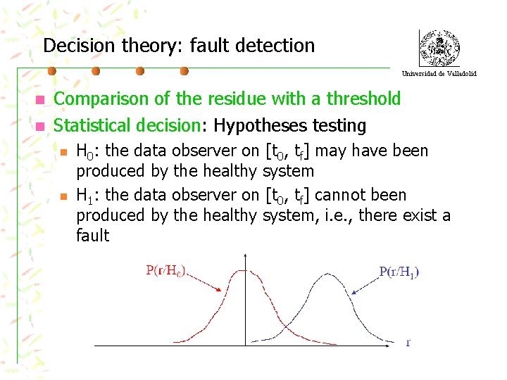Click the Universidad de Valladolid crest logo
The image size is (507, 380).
[439, 48]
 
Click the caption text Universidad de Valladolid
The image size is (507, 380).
[439, 73]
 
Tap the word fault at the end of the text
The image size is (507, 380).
[93, 235]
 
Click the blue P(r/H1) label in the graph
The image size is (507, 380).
[399, 272]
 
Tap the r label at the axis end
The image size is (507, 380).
[408, 343]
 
